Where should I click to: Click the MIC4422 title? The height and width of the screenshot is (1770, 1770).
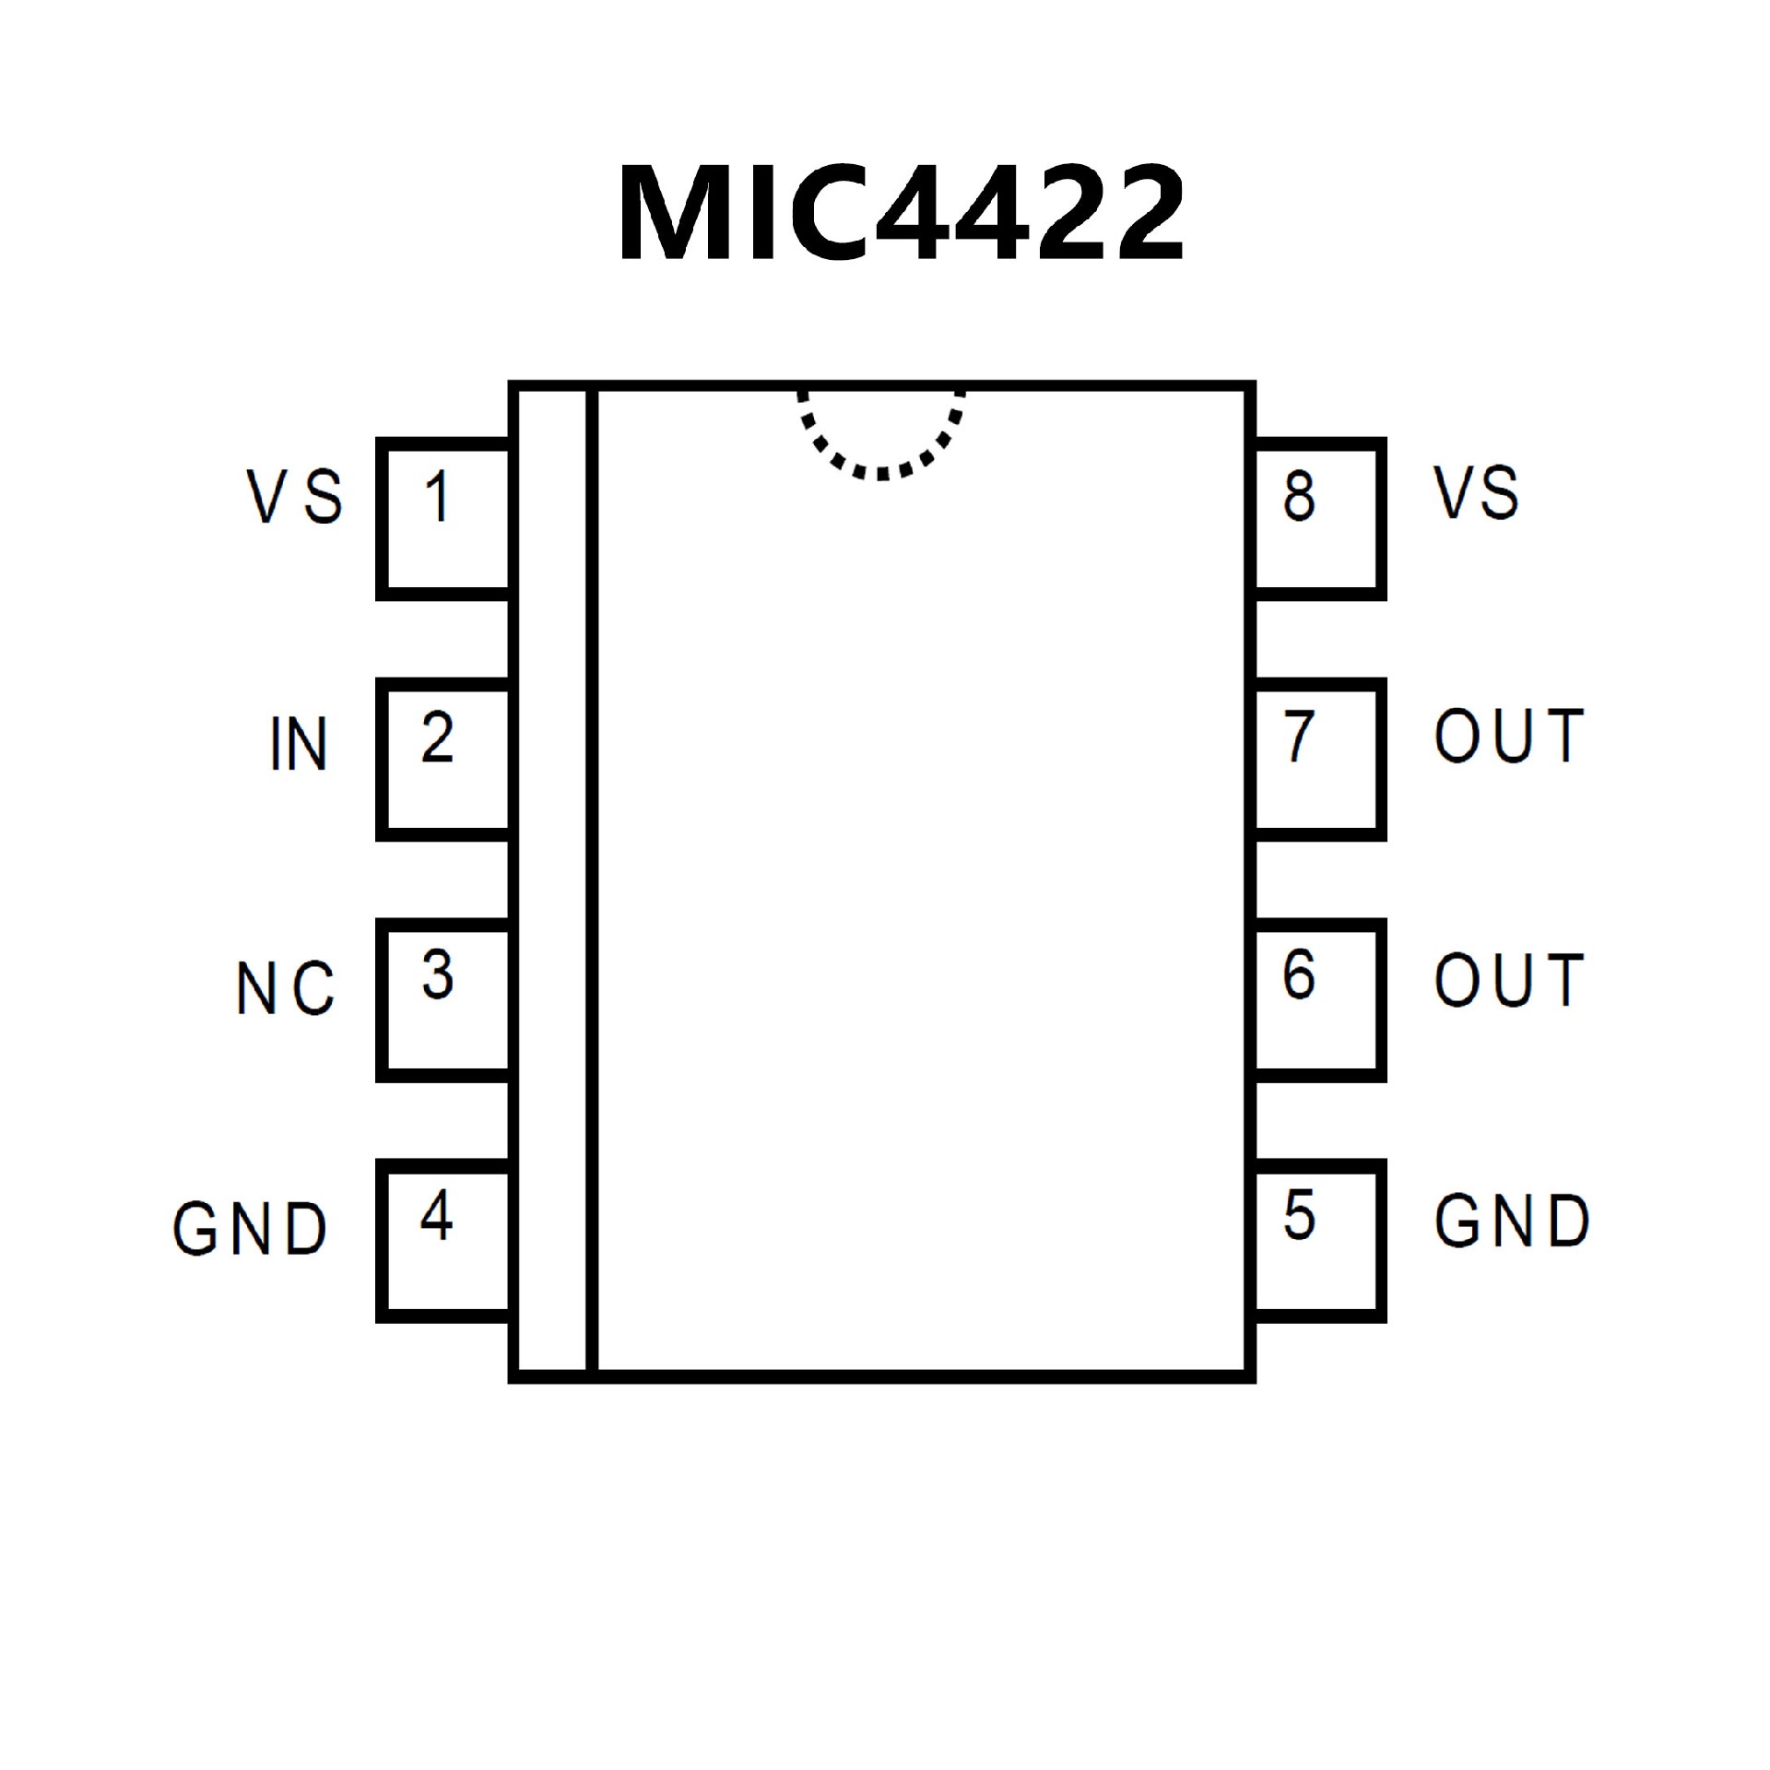(901, 215)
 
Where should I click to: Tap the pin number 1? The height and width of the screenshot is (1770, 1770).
(438, 496)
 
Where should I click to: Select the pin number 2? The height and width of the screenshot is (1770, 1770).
(438, 737)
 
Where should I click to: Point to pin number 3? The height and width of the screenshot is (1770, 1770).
(438, 975)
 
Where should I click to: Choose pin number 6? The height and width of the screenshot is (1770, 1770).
(1299, 975)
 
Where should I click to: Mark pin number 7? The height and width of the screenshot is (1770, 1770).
(1299, 737)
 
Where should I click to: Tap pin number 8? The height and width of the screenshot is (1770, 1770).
(1299, 496)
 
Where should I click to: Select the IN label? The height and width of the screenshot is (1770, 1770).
(299, 744)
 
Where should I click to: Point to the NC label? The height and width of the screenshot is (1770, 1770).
(286, 988)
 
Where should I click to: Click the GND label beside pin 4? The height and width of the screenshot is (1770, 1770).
(250, 1228)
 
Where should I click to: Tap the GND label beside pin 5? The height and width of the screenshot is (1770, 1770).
(1512, 1221)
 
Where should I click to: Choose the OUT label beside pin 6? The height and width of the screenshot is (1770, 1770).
(1509, 979)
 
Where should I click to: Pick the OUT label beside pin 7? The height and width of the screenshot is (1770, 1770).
(1509, 737)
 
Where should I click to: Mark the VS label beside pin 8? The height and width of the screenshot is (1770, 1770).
(1475, 492)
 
